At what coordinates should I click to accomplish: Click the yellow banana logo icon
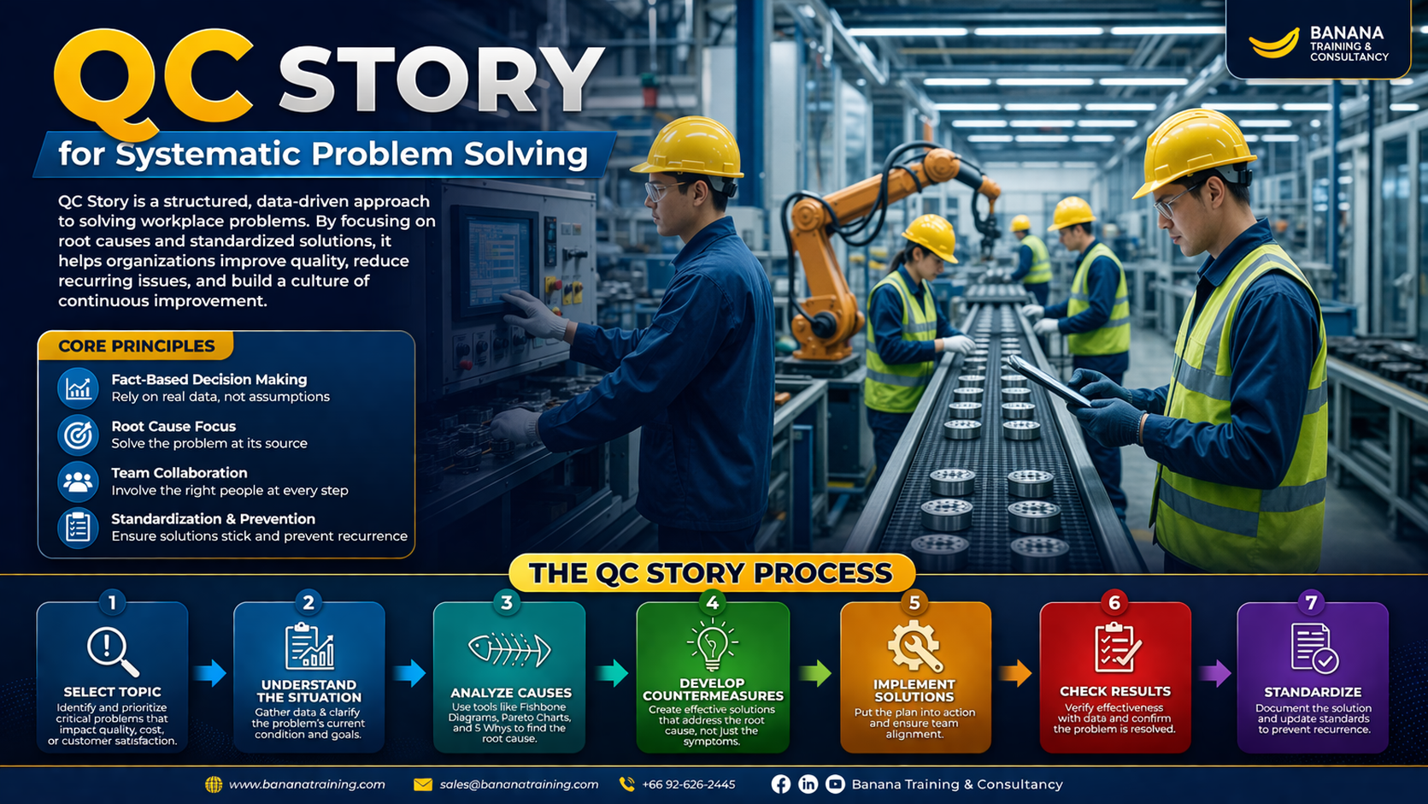[1273, 44]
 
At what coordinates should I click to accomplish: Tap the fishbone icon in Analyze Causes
[509, 649]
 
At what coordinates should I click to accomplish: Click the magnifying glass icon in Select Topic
[113, 652]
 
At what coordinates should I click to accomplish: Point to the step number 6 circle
[1114, 603]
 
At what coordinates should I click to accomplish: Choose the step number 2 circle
[309, 603]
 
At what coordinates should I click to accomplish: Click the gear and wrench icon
[914, 647]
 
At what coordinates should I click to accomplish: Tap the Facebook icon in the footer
[781, 784]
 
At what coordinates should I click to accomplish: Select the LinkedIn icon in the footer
[808, 784]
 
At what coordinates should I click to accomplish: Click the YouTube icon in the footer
[835, 784]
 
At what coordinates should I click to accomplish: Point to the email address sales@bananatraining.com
[519, 784]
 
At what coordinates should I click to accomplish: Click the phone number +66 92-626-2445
[689, 784]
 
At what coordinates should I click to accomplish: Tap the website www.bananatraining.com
[307, 784]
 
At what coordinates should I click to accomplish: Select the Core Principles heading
[137, 346]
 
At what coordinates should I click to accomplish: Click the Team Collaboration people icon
[78, 482]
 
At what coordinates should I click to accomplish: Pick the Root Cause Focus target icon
[78, 435]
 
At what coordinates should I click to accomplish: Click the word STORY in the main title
[440, 80]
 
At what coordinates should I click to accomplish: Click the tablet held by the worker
[1049, 381]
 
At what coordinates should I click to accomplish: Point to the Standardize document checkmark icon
[1313, 647]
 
